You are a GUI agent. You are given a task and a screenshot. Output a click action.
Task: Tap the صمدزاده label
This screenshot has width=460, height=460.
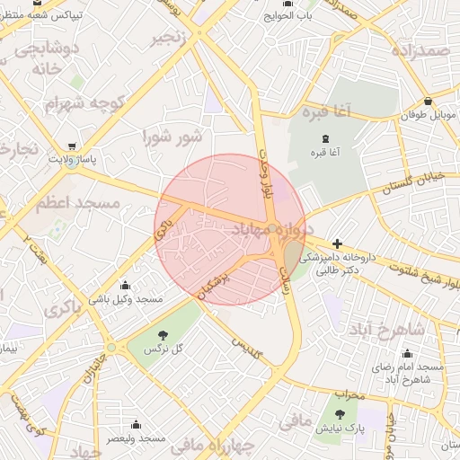[x=419, y=52]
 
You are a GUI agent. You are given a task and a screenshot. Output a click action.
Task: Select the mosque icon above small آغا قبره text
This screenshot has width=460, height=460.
[x=325, y=137]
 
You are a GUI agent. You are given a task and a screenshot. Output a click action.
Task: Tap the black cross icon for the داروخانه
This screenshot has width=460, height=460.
[x=337, y=243]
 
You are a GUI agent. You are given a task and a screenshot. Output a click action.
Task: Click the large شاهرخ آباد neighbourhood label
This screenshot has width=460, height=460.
[x=407, y=329]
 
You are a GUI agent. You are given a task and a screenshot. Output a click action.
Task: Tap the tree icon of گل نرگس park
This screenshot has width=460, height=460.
[x=163, y=334]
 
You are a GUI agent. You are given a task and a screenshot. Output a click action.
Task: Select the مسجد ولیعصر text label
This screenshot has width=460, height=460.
[x=136, y=438]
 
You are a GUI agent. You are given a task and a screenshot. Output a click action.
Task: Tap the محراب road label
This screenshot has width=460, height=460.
[x=348, y=394]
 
